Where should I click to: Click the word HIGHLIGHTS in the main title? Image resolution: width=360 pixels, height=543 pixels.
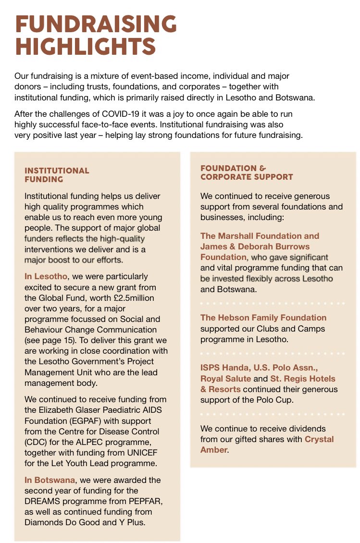click(86, 47)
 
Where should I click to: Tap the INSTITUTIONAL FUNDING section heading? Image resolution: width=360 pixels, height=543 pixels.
click(57, 175)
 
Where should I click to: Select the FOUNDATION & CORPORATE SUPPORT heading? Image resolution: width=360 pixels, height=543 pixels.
click(247, 173)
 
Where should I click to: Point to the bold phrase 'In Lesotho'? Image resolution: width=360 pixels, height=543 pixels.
click(46, 277)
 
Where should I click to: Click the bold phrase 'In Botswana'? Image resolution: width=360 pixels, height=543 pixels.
click(49, 480)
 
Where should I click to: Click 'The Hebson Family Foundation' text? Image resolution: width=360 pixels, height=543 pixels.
click(263, 318)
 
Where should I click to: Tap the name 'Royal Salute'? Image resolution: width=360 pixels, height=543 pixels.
click(225, 379)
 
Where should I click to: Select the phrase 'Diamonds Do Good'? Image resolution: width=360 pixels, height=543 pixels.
click(57, 522)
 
